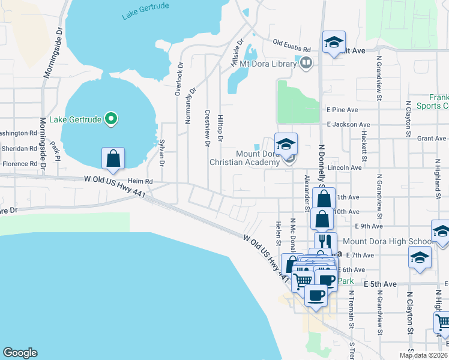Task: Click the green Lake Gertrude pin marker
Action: [x=110, y=119]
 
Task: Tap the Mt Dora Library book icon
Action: [x=306, y=62]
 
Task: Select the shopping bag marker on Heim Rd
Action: [x=113, y=159]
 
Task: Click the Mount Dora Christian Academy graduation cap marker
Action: [x=286, y=145]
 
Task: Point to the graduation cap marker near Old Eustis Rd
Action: [x=334, y=43]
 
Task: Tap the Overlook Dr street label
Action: [x=179, y=79]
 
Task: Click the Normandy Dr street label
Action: [x=191, y=106]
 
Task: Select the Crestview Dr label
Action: [x=207, y=128]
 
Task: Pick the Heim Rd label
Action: [x=140, y=181]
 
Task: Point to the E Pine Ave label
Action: [x=342, y=110]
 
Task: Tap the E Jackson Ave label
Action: [x=348, y=124]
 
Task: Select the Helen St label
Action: [x=279, y=233]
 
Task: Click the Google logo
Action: [x=20, y=353]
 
